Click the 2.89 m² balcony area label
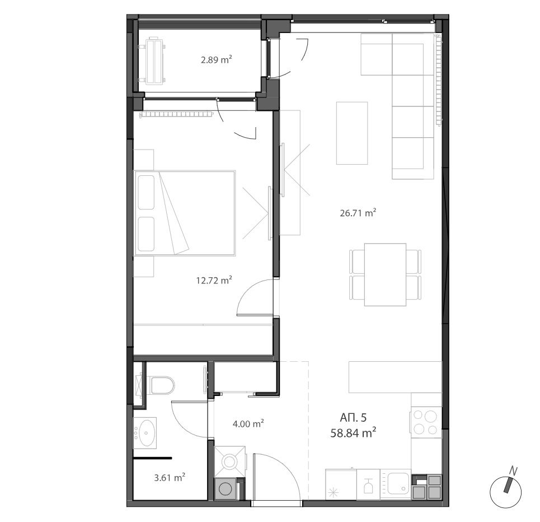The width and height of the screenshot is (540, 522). pos(216,60)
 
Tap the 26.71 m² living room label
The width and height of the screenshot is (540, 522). pos(358,213)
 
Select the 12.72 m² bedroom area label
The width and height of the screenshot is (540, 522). pos(214,280)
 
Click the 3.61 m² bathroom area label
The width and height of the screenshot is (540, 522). pos(170,478)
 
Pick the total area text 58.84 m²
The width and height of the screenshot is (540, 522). pos(353,433)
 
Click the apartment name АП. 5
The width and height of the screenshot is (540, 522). pos(353,417)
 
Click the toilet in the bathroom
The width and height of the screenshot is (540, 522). pos(162,385)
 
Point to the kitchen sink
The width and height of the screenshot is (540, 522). pos(399,484)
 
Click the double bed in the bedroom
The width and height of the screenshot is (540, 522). pos(185,213)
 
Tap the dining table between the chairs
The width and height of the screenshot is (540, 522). pos(386,274)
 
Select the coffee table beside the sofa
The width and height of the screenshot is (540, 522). pos(352,133)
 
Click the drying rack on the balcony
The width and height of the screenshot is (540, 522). pos(152,60)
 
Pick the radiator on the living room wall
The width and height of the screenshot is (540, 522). pos(438,80)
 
